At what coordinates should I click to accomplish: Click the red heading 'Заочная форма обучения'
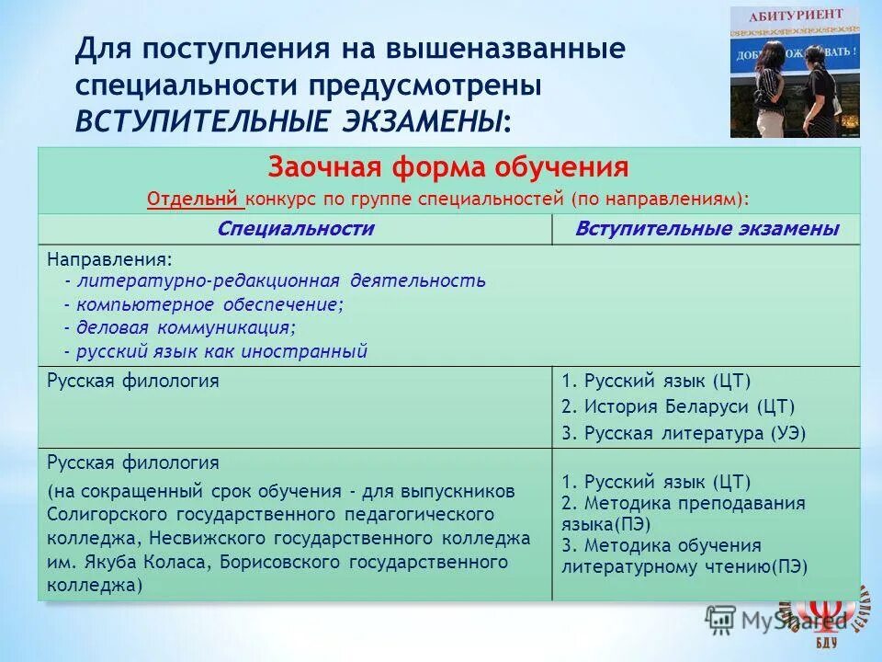click(x=448, y=168)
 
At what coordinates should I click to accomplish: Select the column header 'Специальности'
click(x=296, y=229)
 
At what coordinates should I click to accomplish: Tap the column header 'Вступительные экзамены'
click(x=707, y=229)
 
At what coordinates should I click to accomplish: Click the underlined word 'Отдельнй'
click(x=194, y=198)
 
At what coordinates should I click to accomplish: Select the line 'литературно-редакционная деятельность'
click(x=281, y=280)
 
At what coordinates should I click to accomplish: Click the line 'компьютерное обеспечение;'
click(x=210, y=304)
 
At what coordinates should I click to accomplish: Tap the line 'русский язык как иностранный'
click(x=221, y=350)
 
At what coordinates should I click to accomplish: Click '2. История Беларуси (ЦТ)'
click(x=677, y=406)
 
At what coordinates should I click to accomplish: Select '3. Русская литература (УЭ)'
click(x=683, y=433)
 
